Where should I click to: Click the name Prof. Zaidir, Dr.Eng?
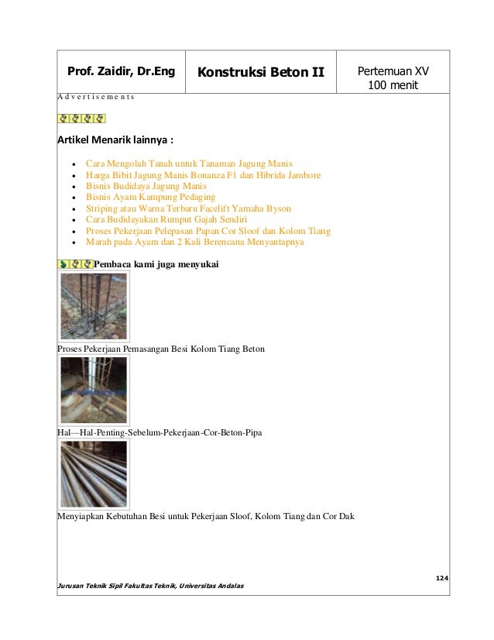point(122,73)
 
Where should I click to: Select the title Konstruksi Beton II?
point(260,73)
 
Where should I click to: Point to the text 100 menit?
point(393,84)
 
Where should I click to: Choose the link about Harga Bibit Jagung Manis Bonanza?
point(203,176)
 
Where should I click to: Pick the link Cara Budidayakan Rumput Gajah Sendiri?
point(166,220)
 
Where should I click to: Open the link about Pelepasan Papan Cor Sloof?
point(208,231)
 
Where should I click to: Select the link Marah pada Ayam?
point(195,242)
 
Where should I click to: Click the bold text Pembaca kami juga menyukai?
point(157,265)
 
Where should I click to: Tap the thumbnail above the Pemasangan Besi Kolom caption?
point(94,306)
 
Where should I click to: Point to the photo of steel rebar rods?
point(94,473)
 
